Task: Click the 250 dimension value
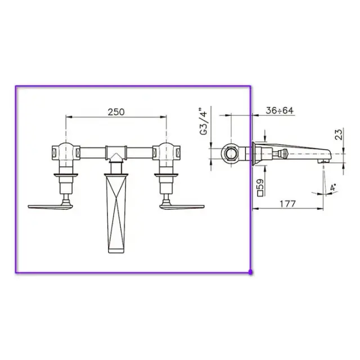116,112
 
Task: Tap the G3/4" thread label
204,121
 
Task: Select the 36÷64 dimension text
280,111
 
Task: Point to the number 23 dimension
339,134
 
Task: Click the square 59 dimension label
261,187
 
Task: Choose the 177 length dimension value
287,204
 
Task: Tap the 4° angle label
332,187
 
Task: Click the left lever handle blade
50,206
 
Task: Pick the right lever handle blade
182,206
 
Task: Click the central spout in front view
116,213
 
